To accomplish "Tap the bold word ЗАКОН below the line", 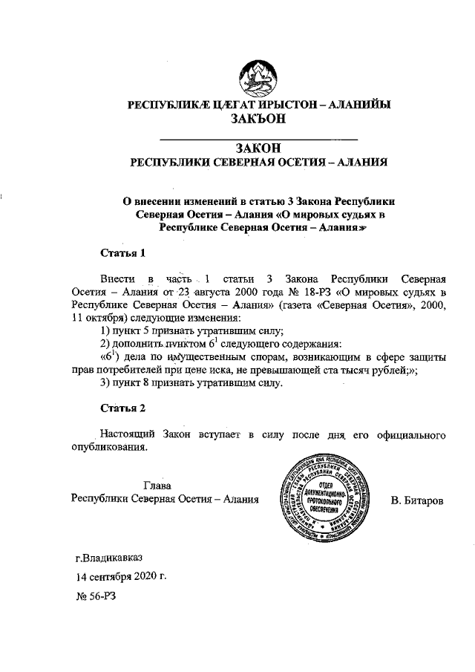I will point(259,149).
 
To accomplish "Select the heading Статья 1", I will point(122,253).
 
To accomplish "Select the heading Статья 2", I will point(122,408).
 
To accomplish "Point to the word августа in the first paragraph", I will point(205,291).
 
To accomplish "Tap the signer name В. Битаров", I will point(417,500).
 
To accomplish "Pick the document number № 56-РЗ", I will point(96,596).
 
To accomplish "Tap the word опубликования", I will point(110,447).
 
